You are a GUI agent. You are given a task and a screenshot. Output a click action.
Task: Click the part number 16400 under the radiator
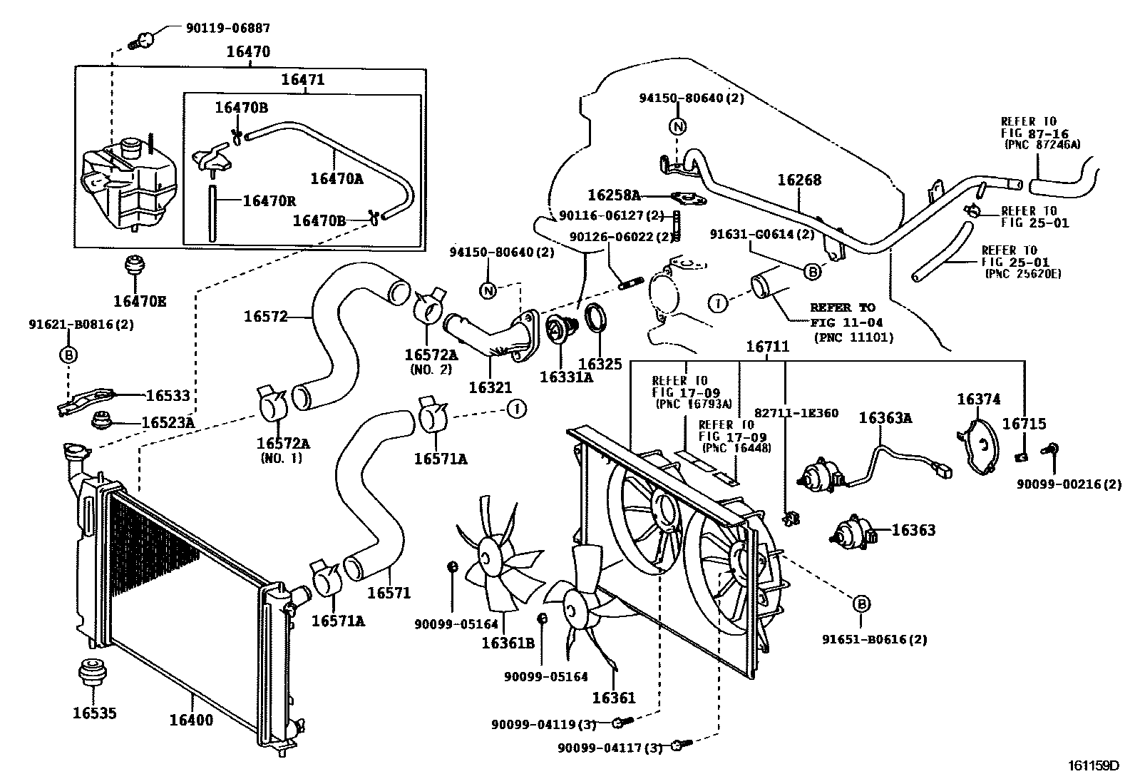(191, 720)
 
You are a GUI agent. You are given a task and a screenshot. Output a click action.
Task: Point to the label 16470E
(139, 302)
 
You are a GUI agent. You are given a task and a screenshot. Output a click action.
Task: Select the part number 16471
(302, 79)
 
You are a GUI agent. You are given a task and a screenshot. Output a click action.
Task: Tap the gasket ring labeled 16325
(595, 318)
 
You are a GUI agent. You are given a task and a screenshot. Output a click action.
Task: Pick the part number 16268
(798, 180)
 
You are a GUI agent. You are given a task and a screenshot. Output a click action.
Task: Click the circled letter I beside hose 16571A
(515, 409)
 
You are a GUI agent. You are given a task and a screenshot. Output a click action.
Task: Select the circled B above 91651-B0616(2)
(861, 604)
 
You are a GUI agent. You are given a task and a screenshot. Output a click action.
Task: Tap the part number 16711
(767, 347)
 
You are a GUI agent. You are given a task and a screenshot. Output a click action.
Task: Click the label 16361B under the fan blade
(508, 643)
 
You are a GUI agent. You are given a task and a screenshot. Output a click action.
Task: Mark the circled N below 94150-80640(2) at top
(678, 127)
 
